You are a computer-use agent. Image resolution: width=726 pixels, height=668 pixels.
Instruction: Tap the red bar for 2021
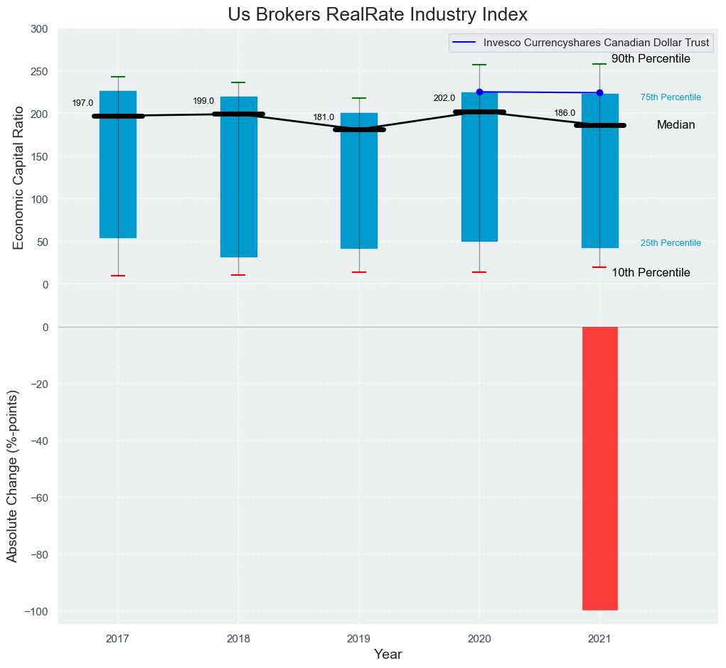599,468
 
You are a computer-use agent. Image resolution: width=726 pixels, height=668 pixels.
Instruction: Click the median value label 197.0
82,103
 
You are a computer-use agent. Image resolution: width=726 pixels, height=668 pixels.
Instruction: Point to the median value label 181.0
324,117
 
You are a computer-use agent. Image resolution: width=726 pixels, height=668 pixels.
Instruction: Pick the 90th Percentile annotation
651,59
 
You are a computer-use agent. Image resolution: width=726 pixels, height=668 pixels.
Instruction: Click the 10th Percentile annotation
651,273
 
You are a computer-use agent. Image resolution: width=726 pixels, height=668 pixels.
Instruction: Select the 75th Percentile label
671,97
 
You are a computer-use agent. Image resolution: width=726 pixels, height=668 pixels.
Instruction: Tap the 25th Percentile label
671,243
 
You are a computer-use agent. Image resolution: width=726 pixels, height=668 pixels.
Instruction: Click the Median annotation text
676,125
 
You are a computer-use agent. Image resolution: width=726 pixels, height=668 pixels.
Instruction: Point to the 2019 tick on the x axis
358,639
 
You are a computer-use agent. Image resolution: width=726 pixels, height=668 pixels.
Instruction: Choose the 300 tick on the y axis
39,29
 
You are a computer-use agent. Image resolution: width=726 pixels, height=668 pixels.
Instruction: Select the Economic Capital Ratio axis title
18,178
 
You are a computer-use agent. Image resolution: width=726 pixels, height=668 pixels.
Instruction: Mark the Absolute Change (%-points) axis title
12,476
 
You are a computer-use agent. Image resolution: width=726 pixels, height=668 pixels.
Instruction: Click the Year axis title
388,654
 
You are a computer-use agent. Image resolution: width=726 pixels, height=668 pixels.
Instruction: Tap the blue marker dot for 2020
479,92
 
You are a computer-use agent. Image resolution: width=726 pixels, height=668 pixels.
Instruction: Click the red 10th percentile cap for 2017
118,276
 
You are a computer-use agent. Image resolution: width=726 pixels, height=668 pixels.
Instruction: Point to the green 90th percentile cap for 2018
238,82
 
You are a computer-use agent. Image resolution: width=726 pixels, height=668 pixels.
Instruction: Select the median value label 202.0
444,98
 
